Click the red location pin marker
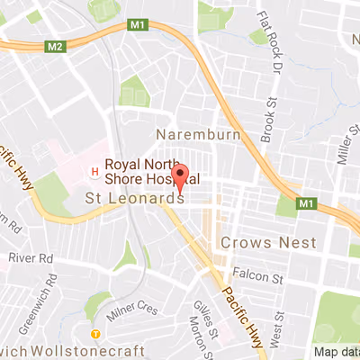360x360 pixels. pos(180,177)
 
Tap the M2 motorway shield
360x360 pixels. pos(56,45)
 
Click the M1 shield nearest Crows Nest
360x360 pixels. pos(308,201)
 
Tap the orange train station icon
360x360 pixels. pos(96,333)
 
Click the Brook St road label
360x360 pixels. pos(267,115)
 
